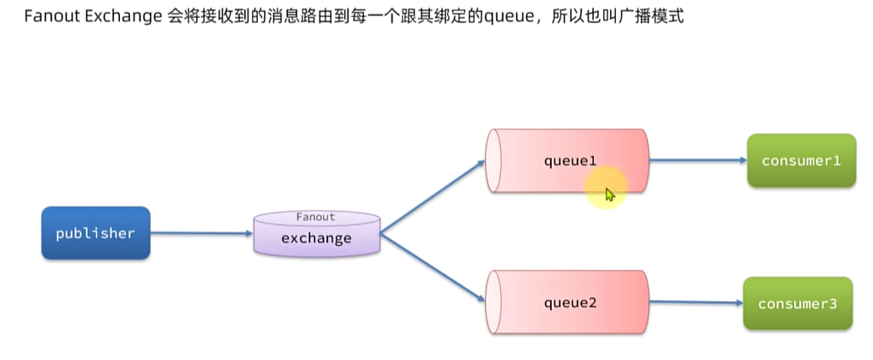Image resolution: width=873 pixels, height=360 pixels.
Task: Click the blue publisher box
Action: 96,233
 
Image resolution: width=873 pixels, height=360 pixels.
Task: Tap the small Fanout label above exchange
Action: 316,218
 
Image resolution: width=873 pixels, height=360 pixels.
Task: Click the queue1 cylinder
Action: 565,160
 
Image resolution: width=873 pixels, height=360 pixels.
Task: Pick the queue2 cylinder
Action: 565,303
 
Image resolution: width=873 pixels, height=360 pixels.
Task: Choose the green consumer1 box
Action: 801,160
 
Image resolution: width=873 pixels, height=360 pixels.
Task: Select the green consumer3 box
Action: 798,303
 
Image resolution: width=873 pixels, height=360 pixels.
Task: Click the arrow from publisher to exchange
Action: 202,233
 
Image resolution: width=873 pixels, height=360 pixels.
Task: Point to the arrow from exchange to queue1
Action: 433,195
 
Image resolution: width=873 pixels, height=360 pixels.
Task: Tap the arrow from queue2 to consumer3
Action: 694,303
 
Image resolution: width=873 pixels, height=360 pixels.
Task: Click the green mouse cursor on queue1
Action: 609,195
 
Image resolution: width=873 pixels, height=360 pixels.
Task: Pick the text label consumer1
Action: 801,160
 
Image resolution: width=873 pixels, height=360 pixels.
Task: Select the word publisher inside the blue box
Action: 96,233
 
